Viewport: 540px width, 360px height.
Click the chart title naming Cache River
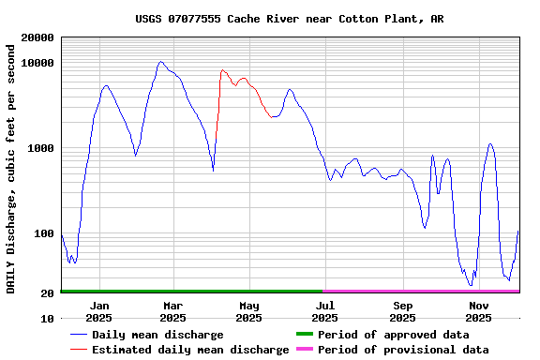(x=290, y=19)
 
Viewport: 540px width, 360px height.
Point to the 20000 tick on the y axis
(x=38, y=37)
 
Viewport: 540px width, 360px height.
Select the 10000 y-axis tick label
(x=38, y=63)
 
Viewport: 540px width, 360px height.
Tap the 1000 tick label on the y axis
(x=41, y=148)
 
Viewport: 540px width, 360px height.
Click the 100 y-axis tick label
(x=45, y=233)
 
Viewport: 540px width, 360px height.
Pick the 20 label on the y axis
(x=48, y=293)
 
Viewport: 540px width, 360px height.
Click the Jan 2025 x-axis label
(x=98, y=311)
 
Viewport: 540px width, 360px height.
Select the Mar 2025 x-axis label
(x=173, y=311)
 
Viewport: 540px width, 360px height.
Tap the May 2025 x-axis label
(x=248, y=311)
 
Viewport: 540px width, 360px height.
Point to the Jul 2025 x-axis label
(x=325, y=311)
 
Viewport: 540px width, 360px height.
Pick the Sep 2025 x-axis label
(x=402, y=311)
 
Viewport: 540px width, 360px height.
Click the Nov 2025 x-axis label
(x=479, y=311)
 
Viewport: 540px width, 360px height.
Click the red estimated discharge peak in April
(x=222, y=70)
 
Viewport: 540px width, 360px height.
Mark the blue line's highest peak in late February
(x=161, y=62)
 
